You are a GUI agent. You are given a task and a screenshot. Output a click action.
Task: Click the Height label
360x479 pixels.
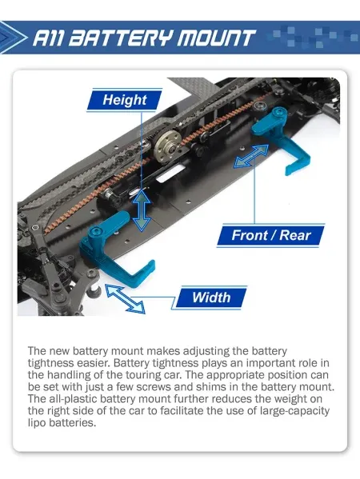(125, 100)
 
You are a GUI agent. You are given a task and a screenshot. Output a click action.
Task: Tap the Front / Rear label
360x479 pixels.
(270, 235)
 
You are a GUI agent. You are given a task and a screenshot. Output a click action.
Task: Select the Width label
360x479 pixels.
(211, 297)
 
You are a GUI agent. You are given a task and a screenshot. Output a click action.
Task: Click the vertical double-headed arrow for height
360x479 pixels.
(142, 210)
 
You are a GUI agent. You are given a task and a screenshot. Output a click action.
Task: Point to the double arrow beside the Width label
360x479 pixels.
(125, 299)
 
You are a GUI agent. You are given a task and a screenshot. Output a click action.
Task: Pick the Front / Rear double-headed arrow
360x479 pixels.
(251, 156)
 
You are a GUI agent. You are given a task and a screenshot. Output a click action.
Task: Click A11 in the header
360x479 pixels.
(48, 38)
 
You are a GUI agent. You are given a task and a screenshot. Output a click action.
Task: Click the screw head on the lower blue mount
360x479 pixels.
(96, 231)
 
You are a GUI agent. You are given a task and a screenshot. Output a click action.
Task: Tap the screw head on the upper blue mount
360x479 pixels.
(278, 113)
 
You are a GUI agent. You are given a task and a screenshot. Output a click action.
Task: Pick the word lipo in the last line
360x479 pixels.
(37, 423)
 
